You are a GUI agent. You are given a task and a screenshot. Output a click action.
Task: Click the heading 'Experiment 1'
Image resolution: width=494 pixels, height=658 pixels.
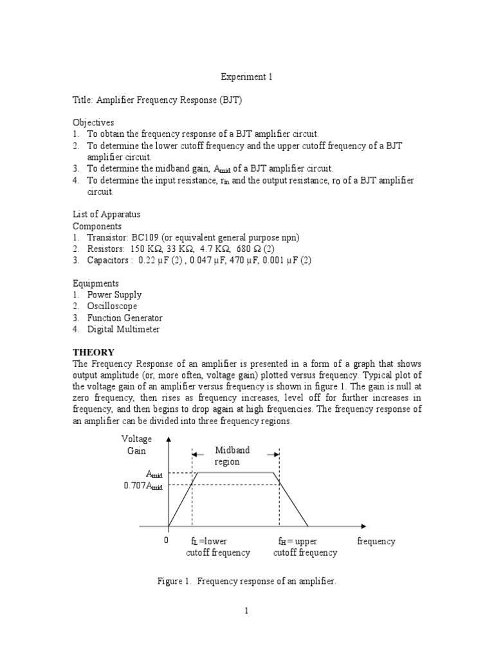[x=247, y=76]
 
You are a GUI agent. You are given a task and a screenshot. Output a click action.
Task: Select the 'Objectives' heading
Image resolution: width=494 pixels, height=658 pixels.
[x=93, y=122]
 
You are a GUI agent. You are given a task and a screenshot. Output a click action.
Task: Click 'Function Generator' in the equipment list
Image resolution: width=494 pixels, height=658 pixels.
[x=125, y=318]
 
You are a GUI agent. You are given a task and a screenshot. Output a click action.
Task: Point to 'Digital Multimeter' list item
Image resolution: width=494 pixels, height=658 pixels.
[x=123, y=330]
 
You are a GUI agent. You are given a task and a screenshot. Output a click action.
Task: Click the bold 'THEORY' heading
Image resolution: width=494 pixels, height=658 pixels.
[x=93, y=353]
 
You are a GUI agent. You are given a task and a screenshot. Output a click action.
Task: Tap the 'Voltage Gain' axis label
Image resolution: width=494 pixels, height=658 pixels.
[x=136, y=445]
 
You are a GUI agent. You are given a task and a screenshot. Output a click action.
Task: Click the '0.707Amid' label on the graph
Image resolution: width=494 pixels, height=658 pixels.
[x=143, y=486]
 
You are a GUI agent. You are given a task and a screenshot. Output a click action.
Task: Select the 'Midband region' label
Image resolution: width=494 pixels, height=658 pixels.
[x=235, y=456]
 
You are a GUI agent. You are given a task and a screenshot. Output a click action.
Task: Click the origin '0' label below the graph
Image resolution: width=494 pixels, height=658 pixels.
[x=165, y=541]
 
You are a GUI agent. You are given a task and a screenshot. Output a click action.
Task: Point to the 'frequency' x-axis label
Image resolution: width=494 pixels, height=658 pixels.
[x=376, y=541]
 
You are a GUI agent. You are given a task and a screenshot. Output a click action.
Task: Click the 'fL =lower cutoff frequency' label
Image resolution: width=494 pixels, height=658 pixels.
[x=218, y=547]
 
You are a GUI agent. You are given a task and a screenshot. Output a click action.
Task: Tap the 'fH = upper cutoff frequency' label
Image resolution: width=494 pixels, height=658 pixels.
[x=305, y=547]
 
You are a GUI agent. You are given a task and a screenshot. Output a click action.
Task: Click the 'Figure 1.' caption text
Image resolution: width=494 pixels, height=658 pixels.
[x=174, y=581]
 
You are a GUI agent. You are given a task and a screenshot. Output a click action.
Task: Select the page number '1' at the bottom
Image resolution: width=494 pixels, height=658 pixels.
[x=246, y=611]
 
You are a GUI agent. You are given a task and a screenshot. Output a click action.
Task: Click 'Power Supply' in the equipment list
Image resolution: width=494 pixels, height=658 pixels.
[x=113, y=295]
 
